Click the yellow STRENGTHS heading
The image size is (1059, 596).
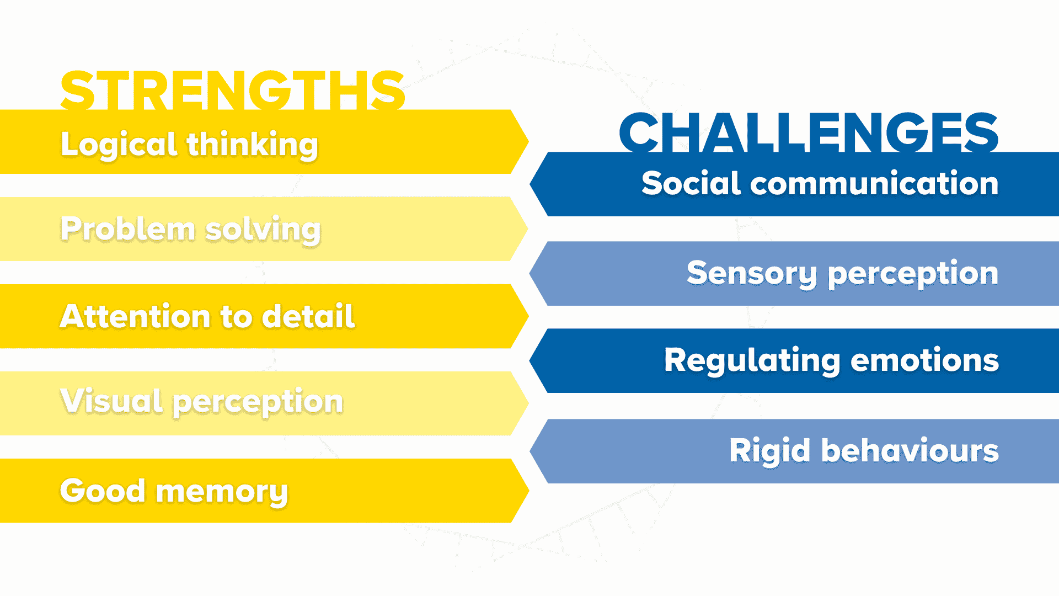point(233,89)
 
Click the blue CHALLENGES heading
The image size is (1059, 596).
point(809,132)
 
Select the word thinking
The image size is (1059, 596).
point(252,145)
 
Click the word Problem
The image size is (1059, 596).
point(127,229)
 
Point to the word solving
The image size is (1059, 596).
point(263,230)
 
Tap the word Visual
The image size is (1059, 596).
point(111,401)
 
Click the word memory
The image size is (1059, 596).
point(222,491)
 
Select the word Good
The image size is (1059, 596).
point(103,491)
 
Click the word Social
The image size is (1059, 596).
point(690,183)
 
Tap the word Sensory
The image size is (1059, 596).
point(751,273)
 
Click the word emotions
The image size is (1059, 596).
point(924,360)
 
